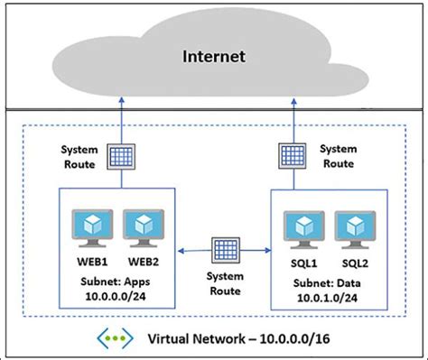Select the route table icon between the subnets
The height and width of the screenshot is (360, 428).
pyautogui.click(x=222, y=246)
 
